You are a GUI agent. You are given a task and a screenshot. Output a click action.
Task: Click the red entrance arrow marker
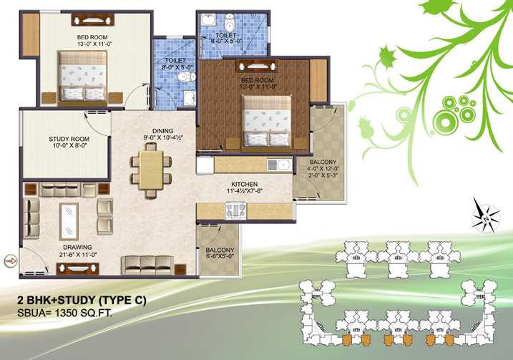pyautogui.click(x=11, y=261)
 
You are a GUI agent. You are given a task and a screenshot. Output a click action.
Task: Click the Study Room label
pyautogui.click(x=69, y=139)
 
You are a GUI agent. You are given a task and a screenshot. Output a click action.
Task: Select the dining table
pyautogui.click(x=151, y=170)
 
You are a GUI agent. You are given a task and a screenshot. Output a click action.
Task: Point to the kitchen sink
pyautogui.click(x=279, y=165)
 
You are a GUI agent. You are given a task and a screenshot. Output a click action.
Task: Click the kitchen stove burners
pyautogui.click(x=235, y=210)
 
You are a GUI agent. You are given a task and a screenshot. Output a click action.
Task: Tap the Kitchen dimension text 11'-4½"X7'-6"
pyautogui.click(x=245, y=191)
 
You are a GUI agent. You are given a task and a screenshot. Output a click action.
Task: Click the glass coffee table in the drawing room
pyautogui.click(x=69, y=222)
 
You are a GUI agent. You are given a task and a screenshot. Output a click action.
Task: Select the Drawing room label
pyautogui.click(x=77, y=247)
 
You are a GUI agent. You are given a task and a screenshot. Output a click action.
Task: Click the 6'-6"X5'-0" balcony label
pyautogui.click(x=220, y=257)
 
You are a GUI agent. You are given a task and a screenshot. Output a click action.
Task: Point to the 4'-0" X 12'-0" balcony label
pyautogui.click(x=323, y=168)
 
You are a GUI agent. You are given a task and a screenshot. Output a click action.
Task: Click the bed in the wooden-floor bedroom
pyautogui.click(x=267, y=122)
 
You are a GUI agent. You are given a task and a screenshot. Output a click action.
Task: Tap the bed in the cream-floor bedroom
pyautogui.click(x=83, y=76)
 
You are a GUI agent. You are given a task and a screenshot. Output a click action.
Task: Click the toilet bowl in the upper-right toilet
pyautogui.click(x=230, y=22)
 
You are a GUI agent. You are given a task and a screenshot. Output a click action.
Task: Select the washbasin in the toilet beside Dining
pyautogui.click(x=190, y=98)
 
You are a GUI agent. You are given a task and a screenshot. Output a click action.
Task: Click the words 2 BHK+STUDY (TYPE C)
pyautogui.click(x=82, y=300)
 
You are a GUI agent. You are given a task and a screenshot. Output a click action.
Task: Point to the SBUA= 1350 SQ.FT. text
pyautogui.click(x=65, y=313)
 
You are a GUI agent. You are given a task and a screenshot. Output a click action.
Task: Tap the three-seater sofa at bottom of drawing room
pyautogui.click(x=147, y=265)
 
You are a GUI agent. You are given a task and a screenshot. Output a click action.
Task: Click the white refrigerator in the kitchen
pyautogui.click(x=205, y=165)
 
